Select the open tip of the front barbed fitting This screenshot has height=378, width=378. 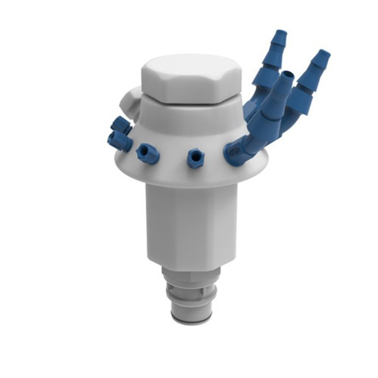click(x=286, y=77)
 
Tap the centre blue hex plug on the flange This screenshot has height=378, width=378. click(x=195, y=159)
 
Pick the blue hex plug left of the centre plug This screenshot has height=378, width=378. click(x=147, y=153)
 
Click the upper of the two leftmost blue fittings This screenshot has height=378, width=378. click(x=120, y=125)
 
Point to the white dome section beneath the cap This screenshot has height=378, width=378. click(x=189, y=120)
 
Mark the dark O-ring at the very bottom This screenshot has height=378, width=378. click(x=192, y=321)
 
